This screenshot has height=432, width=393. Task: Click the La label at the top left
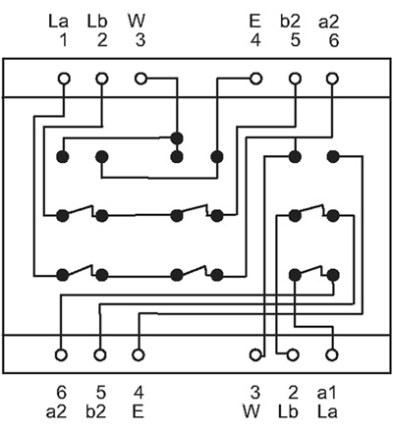[58, 22]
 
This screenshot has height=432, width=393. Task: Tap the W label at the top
[137, 22]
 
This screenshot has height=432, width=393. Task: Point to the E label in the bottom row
[139, 411]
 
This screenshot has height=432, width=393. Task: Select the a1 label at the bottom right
[327, 393]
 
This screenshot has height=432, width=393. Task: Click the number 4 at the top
[255, 40]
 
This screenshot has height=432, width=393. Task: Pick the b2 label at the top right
[290, 22]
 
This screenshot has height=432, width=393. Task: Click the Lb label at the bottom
[288, 411]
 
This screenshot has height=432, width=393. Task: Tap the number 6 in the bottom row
[61, 393]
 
